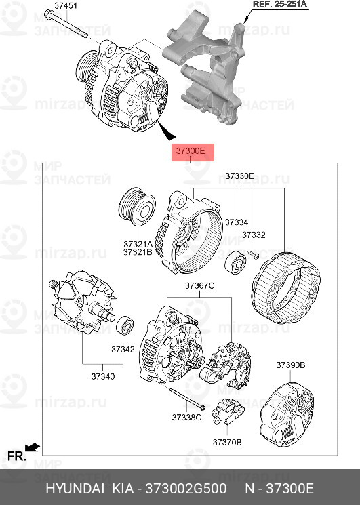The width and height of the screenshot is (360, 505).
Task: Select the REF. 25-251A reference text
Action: tap(280, 5)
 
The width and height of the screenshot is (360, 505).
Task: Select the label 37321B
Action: tap(138, 252)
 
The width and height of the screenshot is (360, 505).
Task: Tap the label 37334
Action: tap(237, 222)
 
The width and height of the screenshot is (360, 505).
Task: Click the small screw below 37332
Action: tap(253, 254)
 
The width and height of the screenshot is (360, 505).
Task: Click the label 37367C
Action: tap(199, 286)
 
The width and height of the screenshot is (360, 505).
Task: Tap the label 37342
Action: tap(123, 350)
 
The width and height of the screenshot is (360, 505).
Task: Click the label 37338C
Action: tap(186, 418)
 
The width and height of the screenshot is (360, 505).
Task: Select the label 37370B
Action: tap(227, 442)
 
